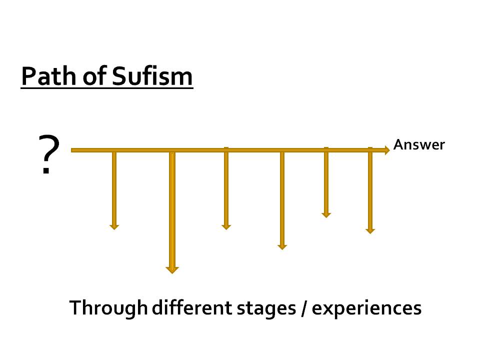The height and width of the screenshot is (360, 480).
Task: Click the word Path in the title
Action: [43, 77]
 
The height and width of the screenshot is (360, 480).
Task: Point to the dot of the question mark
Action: [46, 172]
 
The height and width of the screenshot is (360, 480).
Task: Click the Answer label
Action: [419, 145]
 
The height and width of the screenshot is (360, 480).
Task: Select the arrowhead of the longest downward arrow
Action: [172, 270]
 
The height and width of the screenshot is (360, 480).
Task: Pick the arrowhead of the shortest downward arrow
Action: [326, 215]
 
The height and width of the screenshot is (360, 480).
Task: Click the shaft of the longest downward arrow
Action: [172, 210]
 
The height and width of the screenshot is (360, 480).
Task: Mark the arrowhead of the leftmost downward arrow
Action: [114, 226]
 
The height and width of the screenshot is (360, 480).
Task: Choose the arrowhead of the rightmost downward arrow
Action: [370, 231]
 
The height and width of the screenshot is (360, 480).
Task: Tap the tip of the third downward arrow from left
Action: [226, 228]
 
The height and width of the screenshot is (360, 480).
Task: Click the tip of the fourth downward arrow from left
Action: [282, 247]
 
